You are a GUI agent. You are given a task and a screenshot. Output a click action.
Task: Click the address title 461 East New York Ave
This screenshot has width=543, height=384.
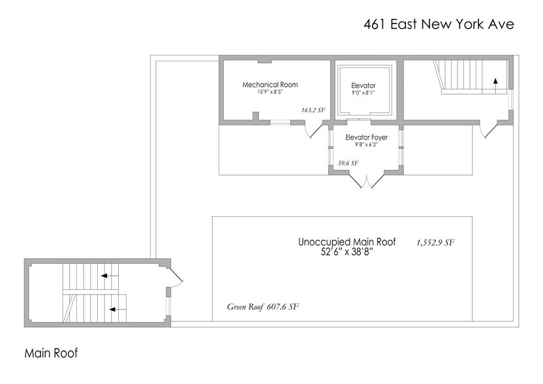[439, 24]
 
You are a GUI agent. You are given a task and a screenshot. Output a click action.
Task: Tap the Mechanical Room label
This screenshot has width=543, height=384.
[270, 85]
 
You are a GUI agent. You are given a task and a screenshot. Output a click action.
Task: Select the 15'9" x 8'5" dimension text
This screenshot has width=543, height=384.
[270, 92]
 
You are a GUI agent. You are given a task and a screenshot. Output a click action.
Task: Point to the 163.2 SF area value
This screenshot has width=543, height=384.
[313, 110]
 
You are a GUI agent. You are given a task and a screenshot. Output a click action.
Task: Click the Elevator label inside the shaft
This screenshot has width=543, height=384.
[364, 86]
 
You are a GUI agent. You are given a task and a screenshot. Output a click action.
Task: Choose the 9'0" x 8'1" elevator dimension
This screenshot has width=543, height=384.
[364, 93]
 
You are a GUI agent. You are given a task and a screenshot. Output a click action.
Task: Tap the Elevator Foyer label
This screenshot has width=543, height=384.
[366, 137]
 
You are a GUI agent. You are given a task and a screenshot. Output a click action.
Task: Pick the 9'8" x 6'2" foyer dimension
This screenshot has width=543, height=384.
[366, 144]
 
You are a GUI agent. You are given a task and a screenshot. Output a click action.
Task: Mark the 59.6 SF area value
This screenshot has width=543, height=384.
[348, 163]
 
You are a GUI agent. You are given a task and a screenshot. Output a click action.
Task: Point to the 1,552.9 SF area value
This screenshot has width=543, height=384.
[435, 242]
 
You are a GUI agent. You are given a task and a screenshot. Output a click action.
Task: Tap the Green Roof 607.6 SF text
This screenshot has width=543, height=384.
[263, 306]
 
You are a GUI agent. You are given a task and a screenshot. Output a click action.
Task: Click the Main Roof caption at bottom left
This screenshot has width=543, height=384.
[51, 353]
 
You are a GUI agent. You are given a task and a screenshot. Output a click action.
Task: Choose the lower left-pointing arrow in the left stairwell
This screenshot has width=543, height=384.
[115, 309]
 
